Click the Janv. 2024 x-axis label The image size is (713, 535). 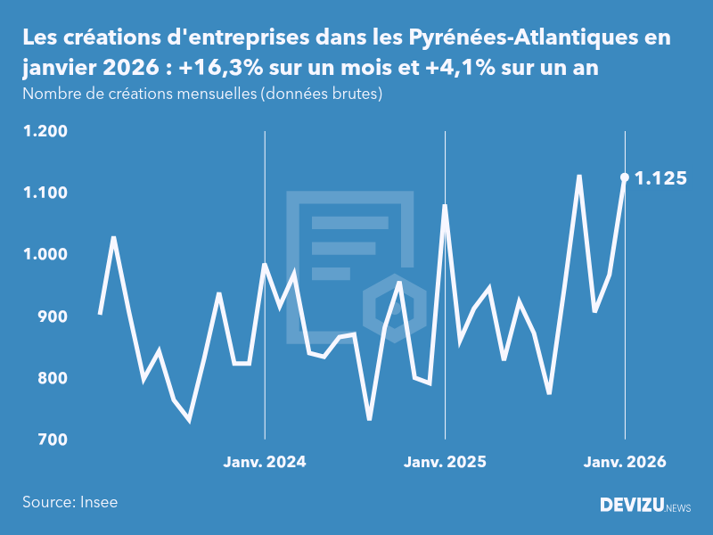point(265,462)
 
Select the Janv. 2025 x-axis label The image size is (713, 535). point(445,462)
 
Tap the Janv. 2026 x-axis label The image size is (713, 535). point(625,462)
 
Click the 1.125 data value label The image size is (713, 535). point(660,178)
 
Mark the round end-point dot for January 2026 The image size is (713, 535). point(625,177)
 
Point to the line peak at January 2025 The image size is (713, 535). point(445,206)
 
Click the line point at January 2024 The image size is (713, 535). point(265,264)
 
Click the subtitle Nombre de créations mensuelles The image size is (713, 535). point(202,95)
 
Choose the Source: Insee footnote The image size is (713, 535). point(70,502)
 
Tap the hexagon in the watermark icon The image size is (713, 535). point(388,303)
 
